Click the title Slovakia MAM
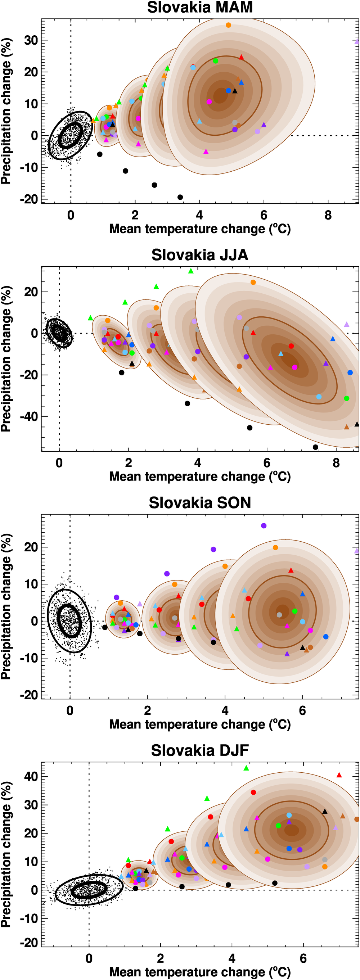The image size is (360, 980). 200,8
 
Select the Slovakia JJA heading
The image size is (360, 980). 200,255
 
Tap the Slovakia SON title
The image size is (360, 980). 200,502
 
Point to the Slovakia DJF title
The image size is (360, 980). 200,750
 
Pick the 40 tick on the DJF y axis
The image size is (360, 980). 31,776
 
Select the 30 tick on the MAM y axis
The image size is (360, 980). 31,40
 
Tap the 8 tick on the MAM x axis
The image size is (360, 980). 328,215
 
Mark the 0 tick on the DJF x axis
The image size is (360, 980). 89,958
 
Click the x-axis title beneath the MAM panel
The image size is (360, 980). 200,229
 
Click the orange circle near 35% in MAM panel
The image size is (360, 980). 228,25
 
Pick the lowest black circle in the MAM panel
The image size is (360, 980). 180,197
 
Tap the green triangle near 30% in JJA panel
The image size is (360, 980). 191,271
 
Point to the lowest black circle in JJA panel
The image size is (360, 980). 315,447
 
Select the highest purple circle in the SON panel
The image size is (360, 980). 264,526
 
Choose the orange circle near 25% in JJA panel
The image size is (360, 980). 253,282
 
